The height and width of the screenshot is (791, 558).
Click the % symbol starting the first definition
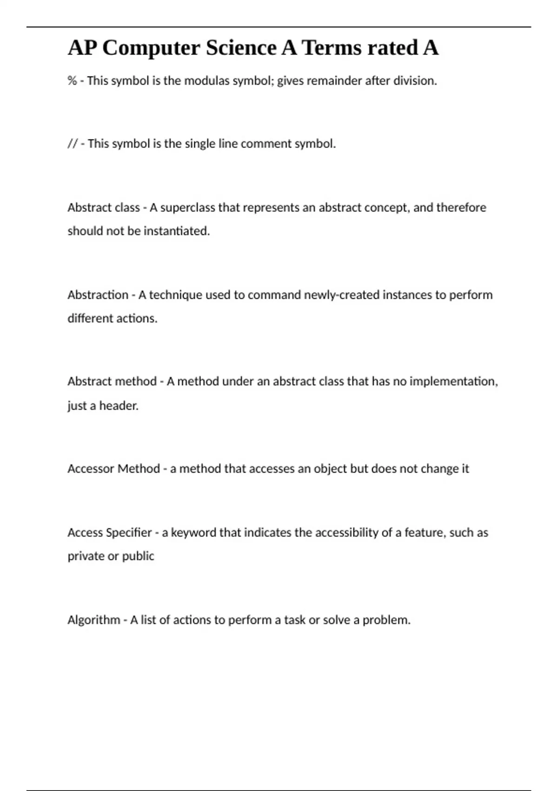click(72, 81)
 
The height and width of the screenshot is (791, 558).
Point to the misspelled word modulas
click(207, 81)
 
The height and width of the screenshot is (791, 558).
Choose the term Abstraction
click(98, 295)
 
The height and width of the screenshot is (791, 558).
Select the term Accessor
click(91, 469)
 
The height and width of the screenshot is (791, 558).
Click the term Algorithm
click(93, 620)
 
